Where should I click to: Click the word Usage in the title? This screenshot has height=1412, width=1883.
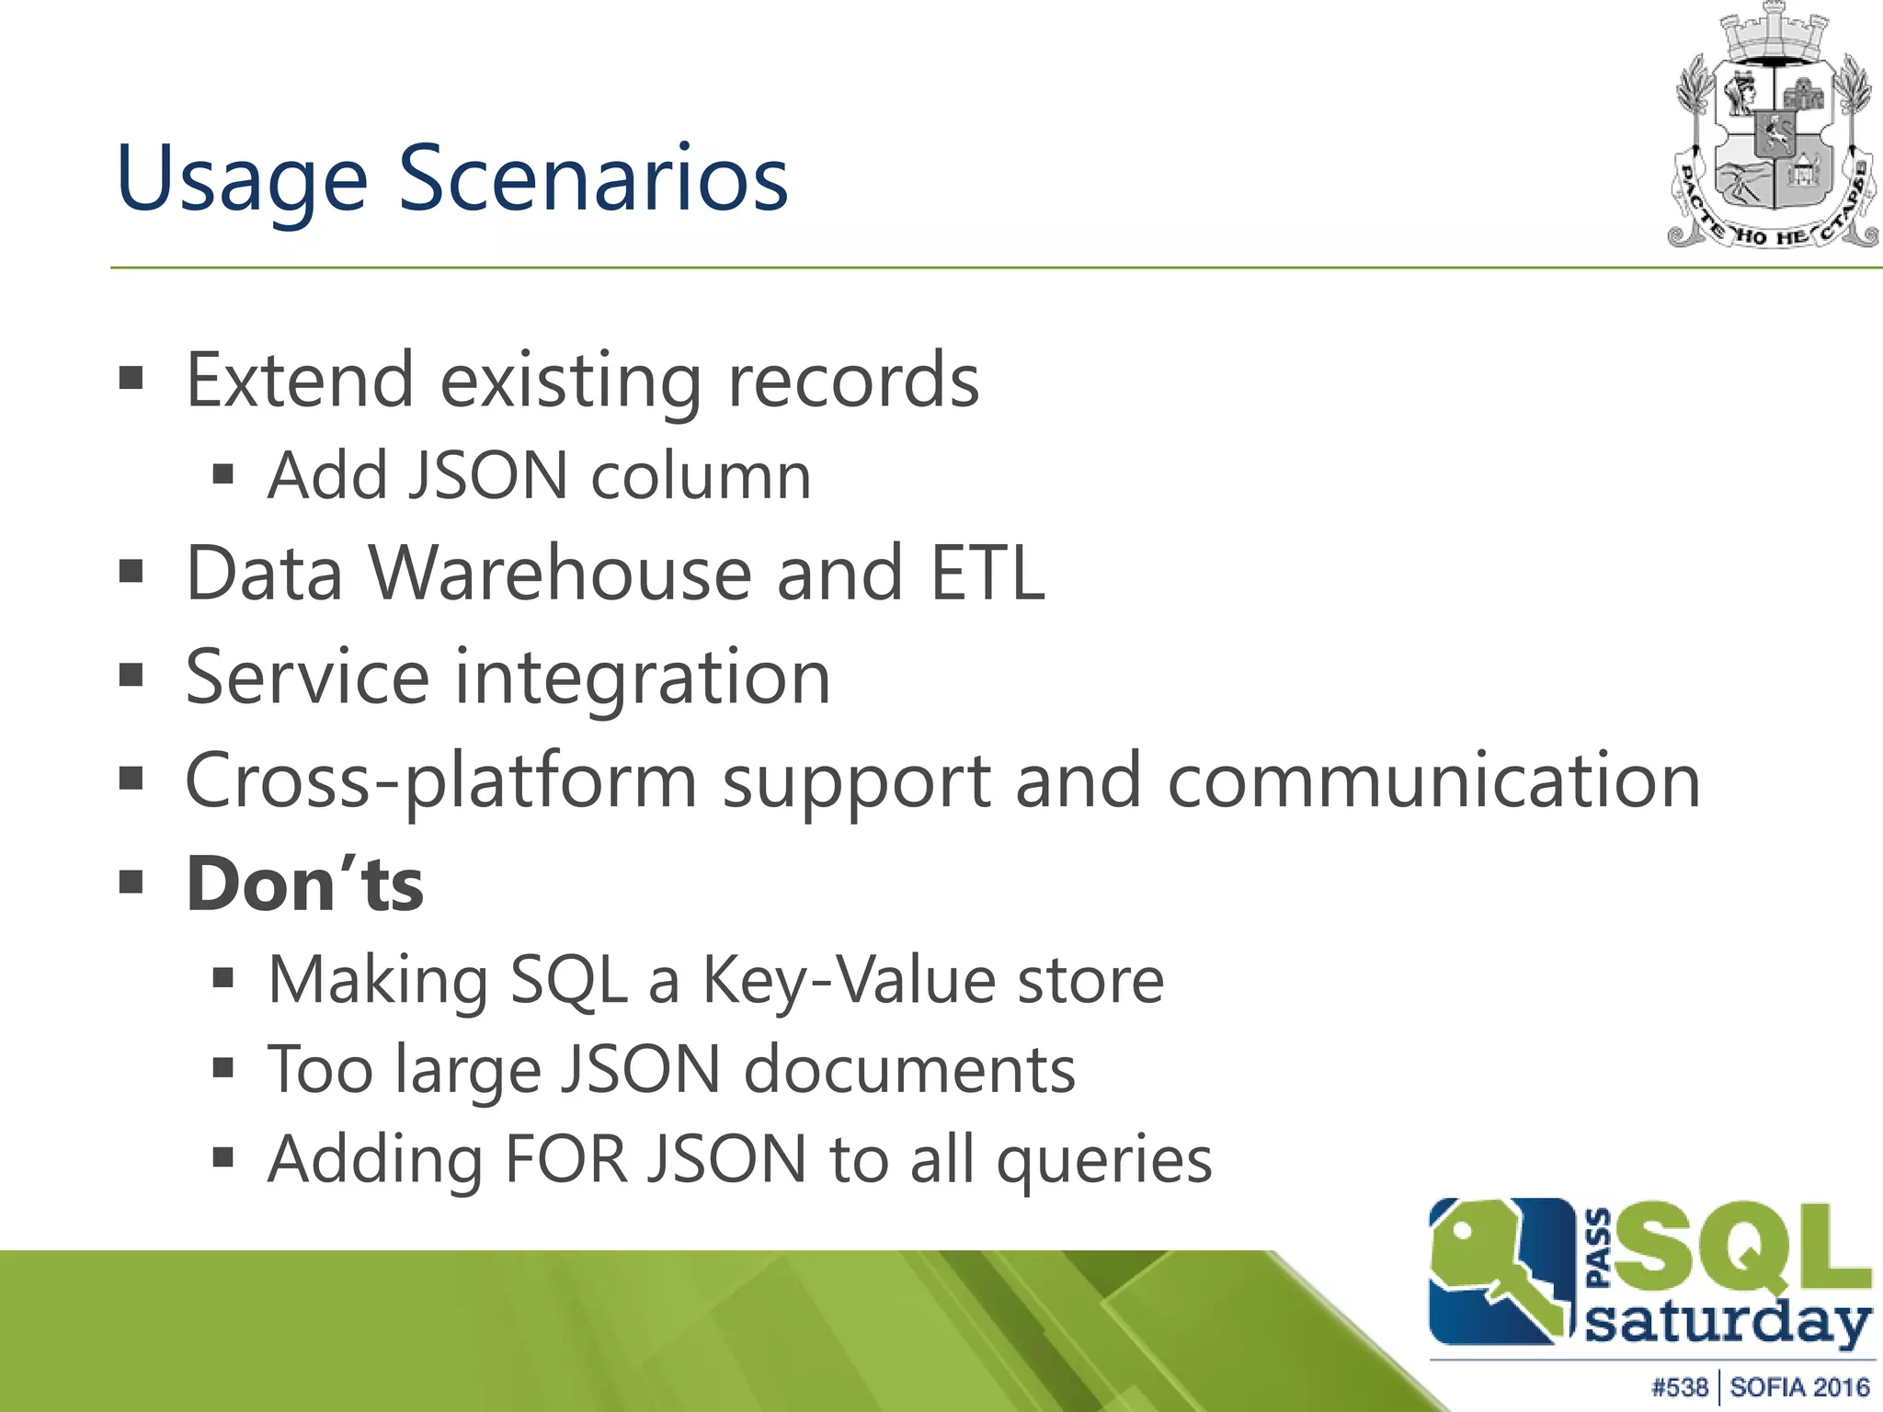(242, 179)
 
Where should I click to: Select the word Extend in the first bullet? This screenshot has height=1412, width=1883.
(300, 381)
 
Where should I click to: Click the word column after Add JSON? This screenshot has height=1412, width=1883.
(701, 476)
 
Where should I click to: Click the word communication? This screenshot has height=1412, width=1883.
(1434, 781)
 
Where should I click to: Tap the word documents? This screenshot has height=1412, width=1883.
(909, 1070)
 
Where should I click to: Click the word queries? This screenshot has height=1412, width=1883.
(1104, 1160)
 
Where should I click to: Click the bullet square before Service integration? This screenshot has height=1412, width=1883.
(131, 677)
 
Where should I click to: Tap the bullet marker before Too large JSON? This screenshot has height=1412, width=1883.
(223, 1068)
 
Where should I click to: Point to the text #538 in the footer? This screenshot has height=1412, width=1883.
(1679, 1386)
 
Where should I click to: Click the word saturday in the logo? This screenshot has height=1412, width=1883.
(1729, 1324)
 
